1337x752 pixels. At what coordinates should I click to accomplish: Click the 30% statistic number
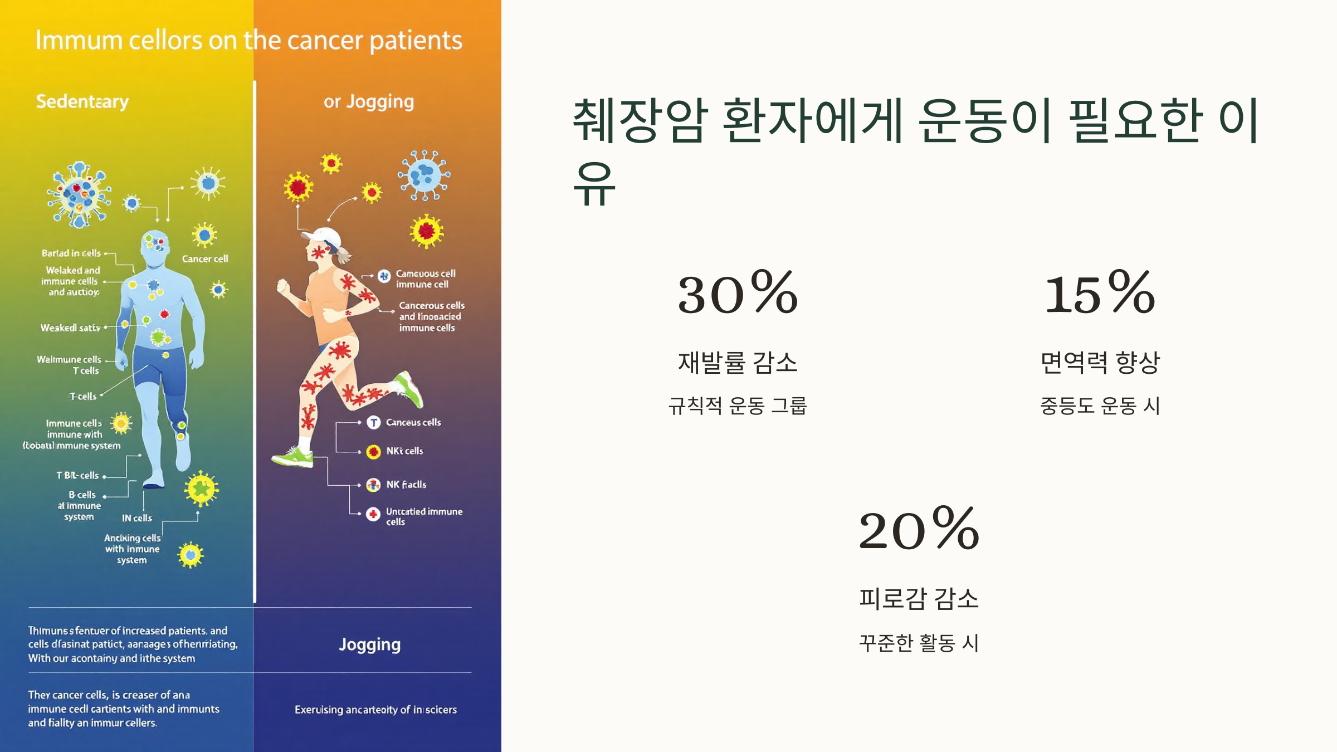coord(738,293)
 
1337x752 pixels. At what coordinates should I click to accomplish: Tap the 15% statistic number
coord(1100,293)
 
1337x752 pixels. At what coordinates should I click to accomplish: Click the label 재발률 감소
coord(738,363)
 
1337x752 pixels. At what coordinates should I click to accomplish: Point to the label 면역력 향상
coord(1100,363)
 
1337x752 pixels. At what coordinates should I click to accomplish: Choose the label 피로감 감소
coord(919,599)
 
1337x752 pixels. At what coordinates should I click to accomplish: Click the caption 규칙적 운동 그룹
coord(738,406)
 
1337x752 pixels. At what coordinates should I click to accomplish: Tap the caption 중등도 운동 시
coord(1100,406)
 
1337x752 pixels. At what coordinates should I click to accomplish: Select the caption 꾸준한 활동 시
coord(919,642)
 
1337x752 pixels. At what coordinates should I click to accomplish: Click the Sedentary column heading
coord(82,101)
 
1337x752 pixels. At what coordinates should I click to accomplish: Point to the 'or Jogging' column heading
coord(369,101)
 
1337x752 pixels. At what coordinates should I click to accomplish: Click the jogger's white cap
coord(325,237)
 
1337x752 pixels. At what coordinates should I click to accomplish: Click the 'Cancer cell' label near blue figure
coord(205,259)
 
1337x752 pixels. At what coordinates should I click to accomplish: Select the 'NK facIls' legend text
coord(406,485)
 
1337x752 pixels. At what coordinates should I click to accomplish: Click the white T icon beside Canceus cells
coord(373,423)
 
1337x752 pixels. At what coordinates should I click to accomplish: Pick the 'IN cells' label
coord(137,518)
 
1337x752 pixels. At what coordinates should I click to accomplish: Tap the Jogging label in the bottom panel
coord(369,644)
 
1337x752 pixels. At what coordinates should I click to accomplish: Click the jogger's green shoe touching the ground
coord(293,458)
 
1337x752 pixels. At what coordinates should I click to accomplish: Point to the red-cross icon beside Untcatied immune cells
coord(373,514)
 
